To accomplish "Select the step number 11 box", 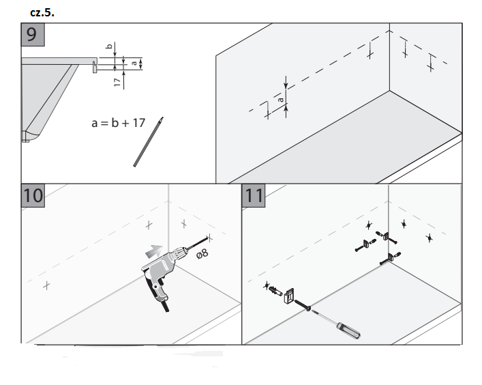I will (254, 195).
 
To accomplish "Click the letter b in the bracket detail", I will (108, 47).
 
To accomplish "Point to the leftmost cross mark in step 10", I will (46, 285).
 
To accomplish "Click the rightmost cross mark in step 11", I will (429, 237).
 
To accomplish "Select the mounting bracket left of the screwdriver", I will (289, 296).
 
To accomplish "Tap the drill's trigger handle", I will (157, 290).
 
